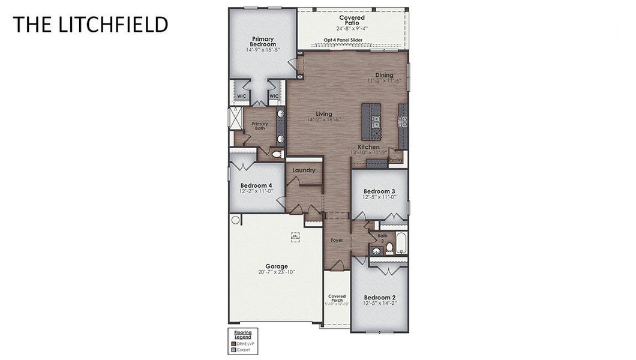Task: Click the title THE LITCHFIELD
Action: pyautogui.click(x=90, y=25)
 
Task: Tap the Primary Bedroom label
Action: pyautogui.click(x=263, y=41)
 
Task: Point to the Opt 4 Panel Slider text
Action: pyautogui.click(x=343, y=40)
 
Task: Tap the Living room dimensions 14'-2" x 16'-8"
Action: pyautogui.click(x=324, y=120)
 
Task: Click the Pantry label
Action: pyautogui.click(x=396, y=160)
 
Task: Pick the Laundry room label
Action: pyautogui.click(x=304, y=170)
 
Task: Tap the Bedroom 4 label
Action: pyautogui.click(x=256, y=185)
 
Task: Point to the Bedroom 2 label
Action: pyautogui.click(x=379, y=298)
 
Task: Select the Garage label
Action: pyautogui.click(x=277, y=266)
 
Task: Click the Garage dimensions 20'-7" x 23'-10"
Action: pyautogui.click(x=277, y=272)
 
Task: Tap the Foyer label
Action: pyautogui.click(x=337, y=241)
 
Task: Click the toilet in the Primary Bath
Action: pyautogui.click(x=277, y=154)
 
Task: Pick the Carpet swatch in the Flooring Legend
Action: pyautogui.click(x=234, y=349)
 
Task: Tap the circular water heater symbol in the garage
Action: pyautogui.click(x=236, y=220)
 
